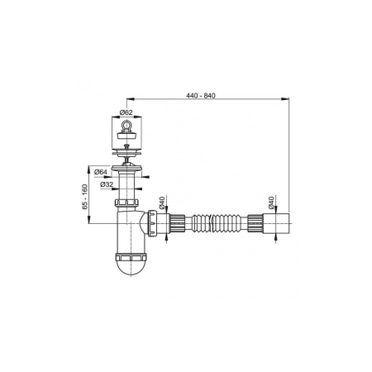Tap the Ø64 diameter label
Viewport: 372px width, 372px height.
click(x=98, y=172)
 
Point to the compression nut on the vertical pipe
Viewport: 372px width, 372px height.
click(x=130, y=202)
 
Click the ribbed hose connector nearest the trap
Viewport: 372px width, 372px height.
click(x=177, y=222)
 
